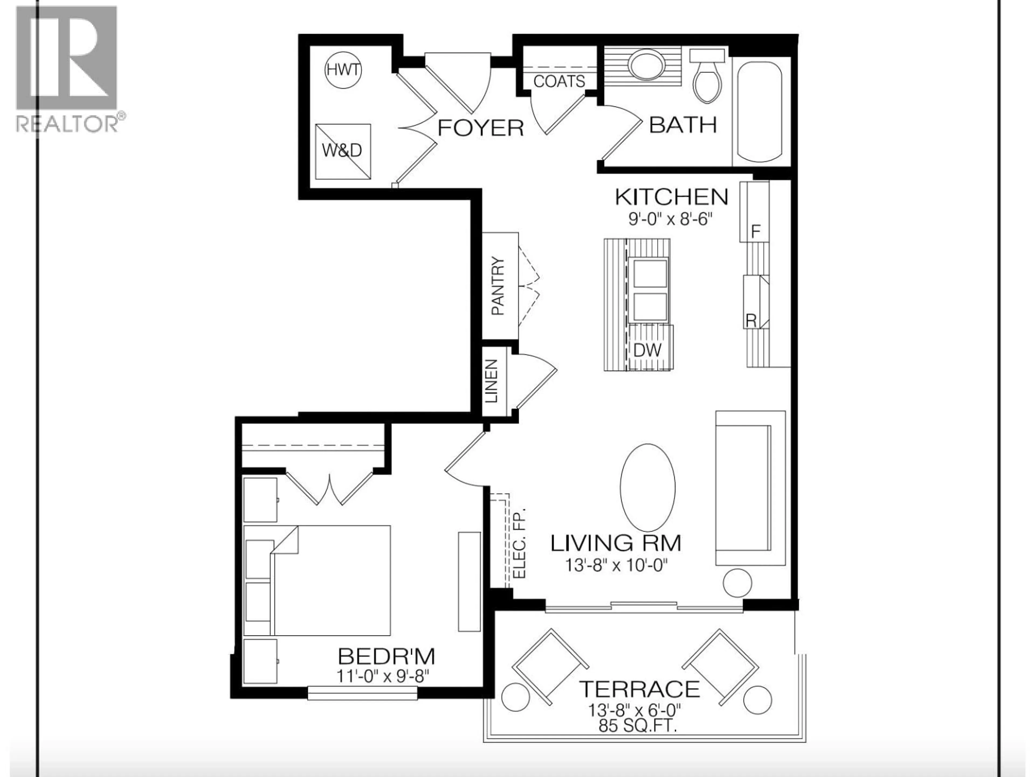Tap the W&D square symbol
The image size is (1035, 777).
click(343, 151)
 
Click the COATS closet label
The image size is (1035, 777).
click(559, 81)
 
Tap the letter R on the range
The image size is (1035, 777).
click(751, 321)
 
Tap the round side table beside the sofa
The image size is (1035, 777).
click(737, 583)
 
